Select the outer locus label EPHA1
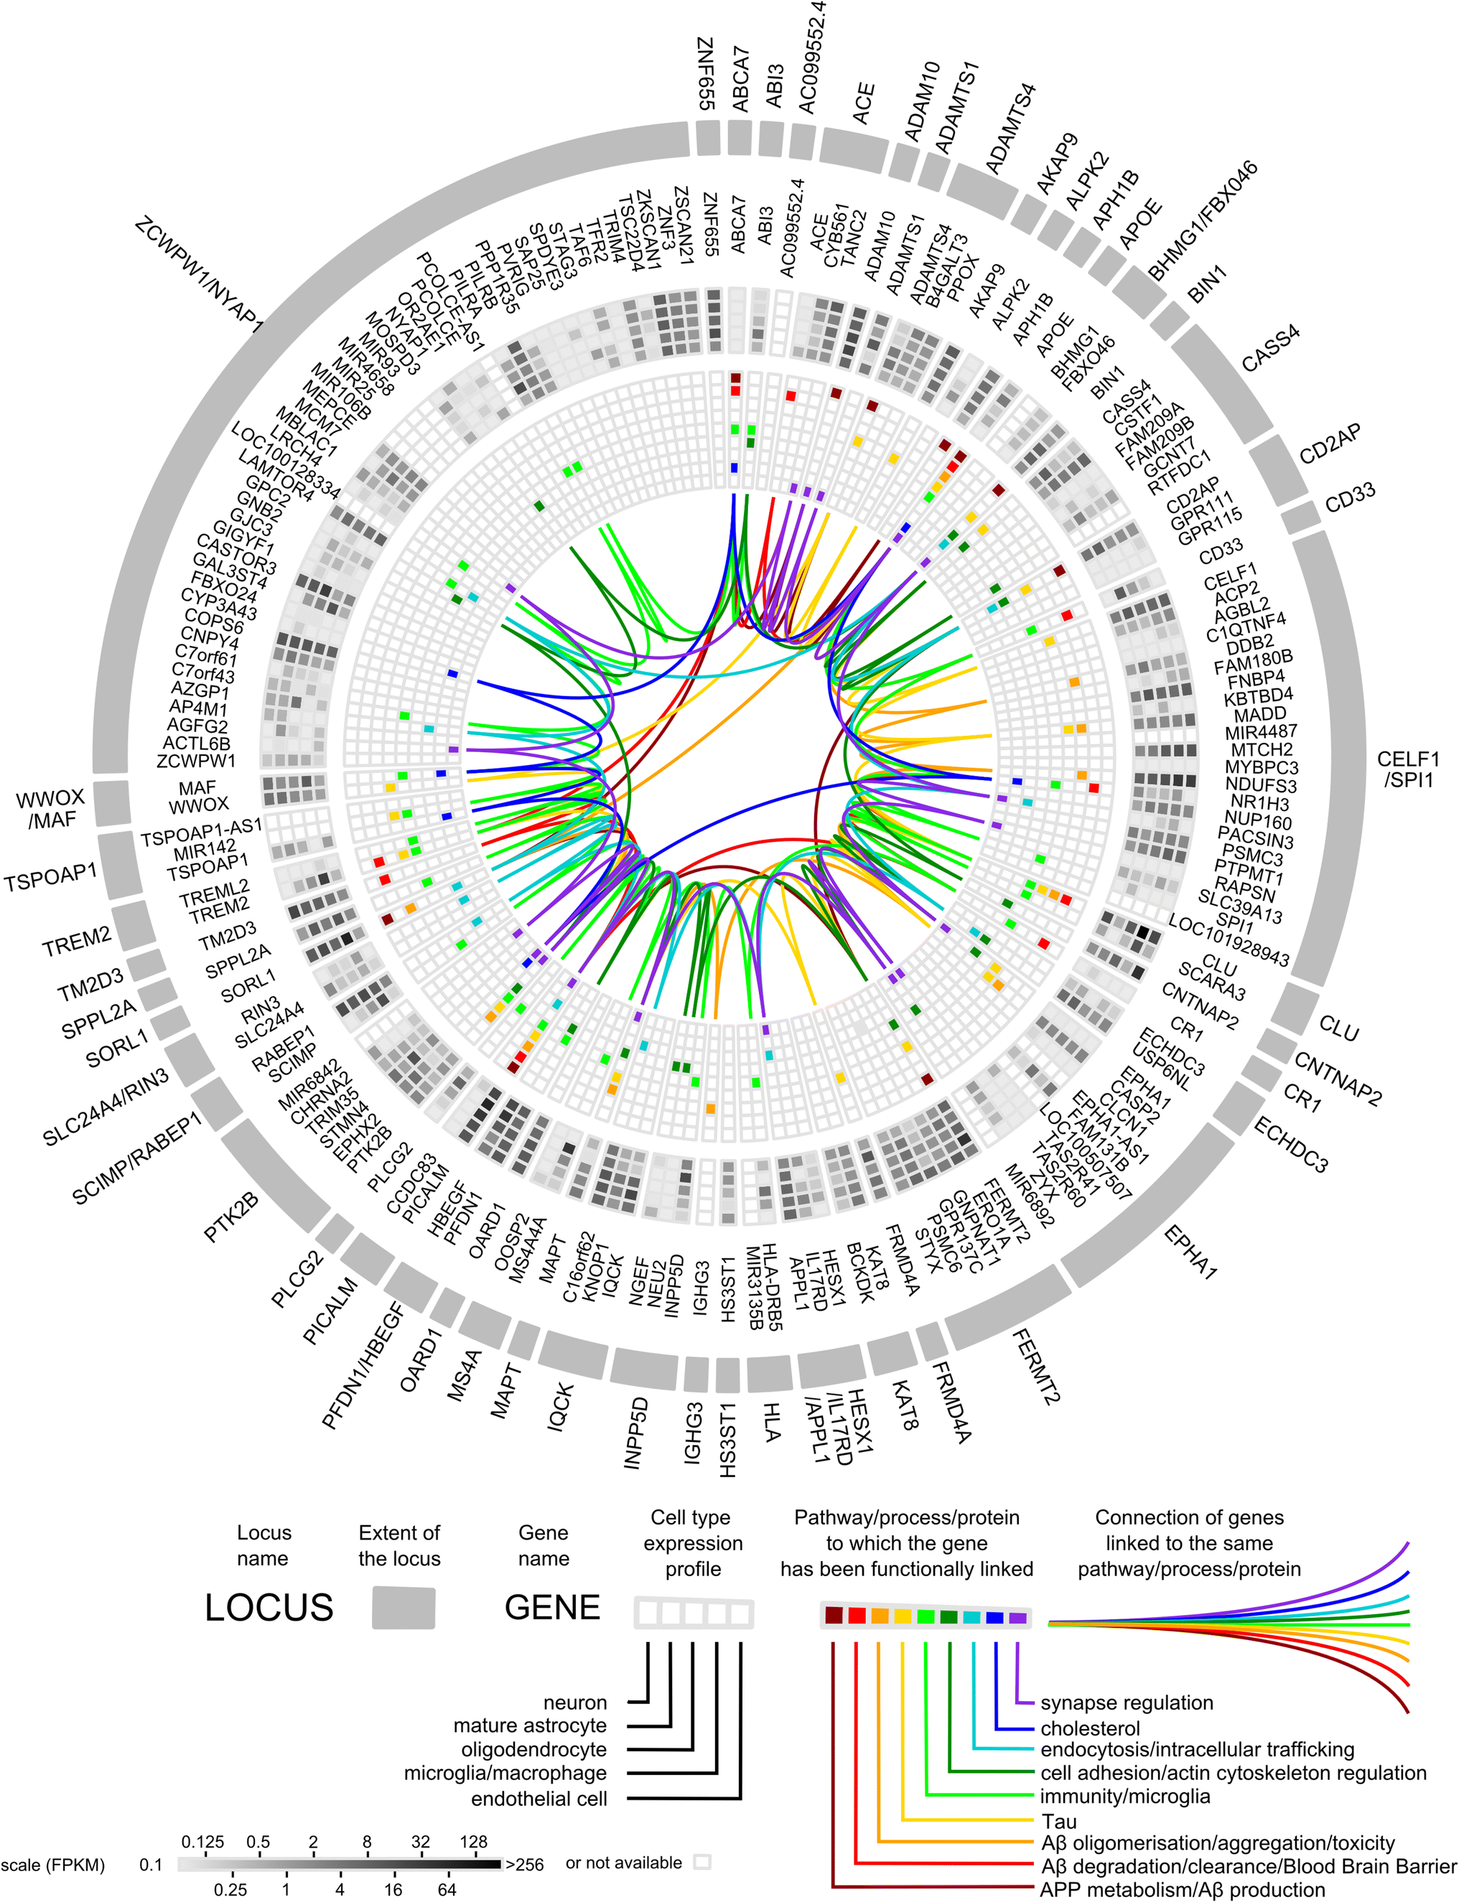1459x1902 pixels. tap(1190, 1251)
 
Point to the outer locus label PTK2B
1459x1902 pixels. tap(232, 1218)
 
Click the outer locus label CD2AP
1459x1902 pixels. tap(1330, 444)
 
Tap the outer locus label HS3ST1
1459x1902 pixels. tap(728, 1438)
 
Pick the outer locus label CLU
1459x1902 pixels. tap(1338, 1029)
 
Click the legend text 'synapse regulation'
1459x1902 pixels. tap(1127, 1702)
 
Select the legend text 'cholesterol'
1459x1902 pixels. tap(1090, 1728)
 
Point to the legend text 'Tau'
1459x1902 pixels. tap(1058, 1820)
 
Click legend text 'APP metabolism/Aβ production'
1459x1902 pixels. tap(1183, 1890)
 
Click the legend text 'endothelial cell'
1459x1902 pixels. tap(539, 1799)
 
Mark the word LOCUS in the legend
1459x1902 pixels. tap(269, 1607)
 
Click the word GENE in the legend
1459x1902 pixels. tap(552, 1607)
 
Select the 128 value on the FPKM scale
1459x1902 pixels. tap(473, 1841)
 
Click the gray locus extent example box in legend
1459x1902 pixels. tap(403, 1607)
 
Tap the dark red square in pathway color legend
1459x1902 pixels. tap(834, 1616)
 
